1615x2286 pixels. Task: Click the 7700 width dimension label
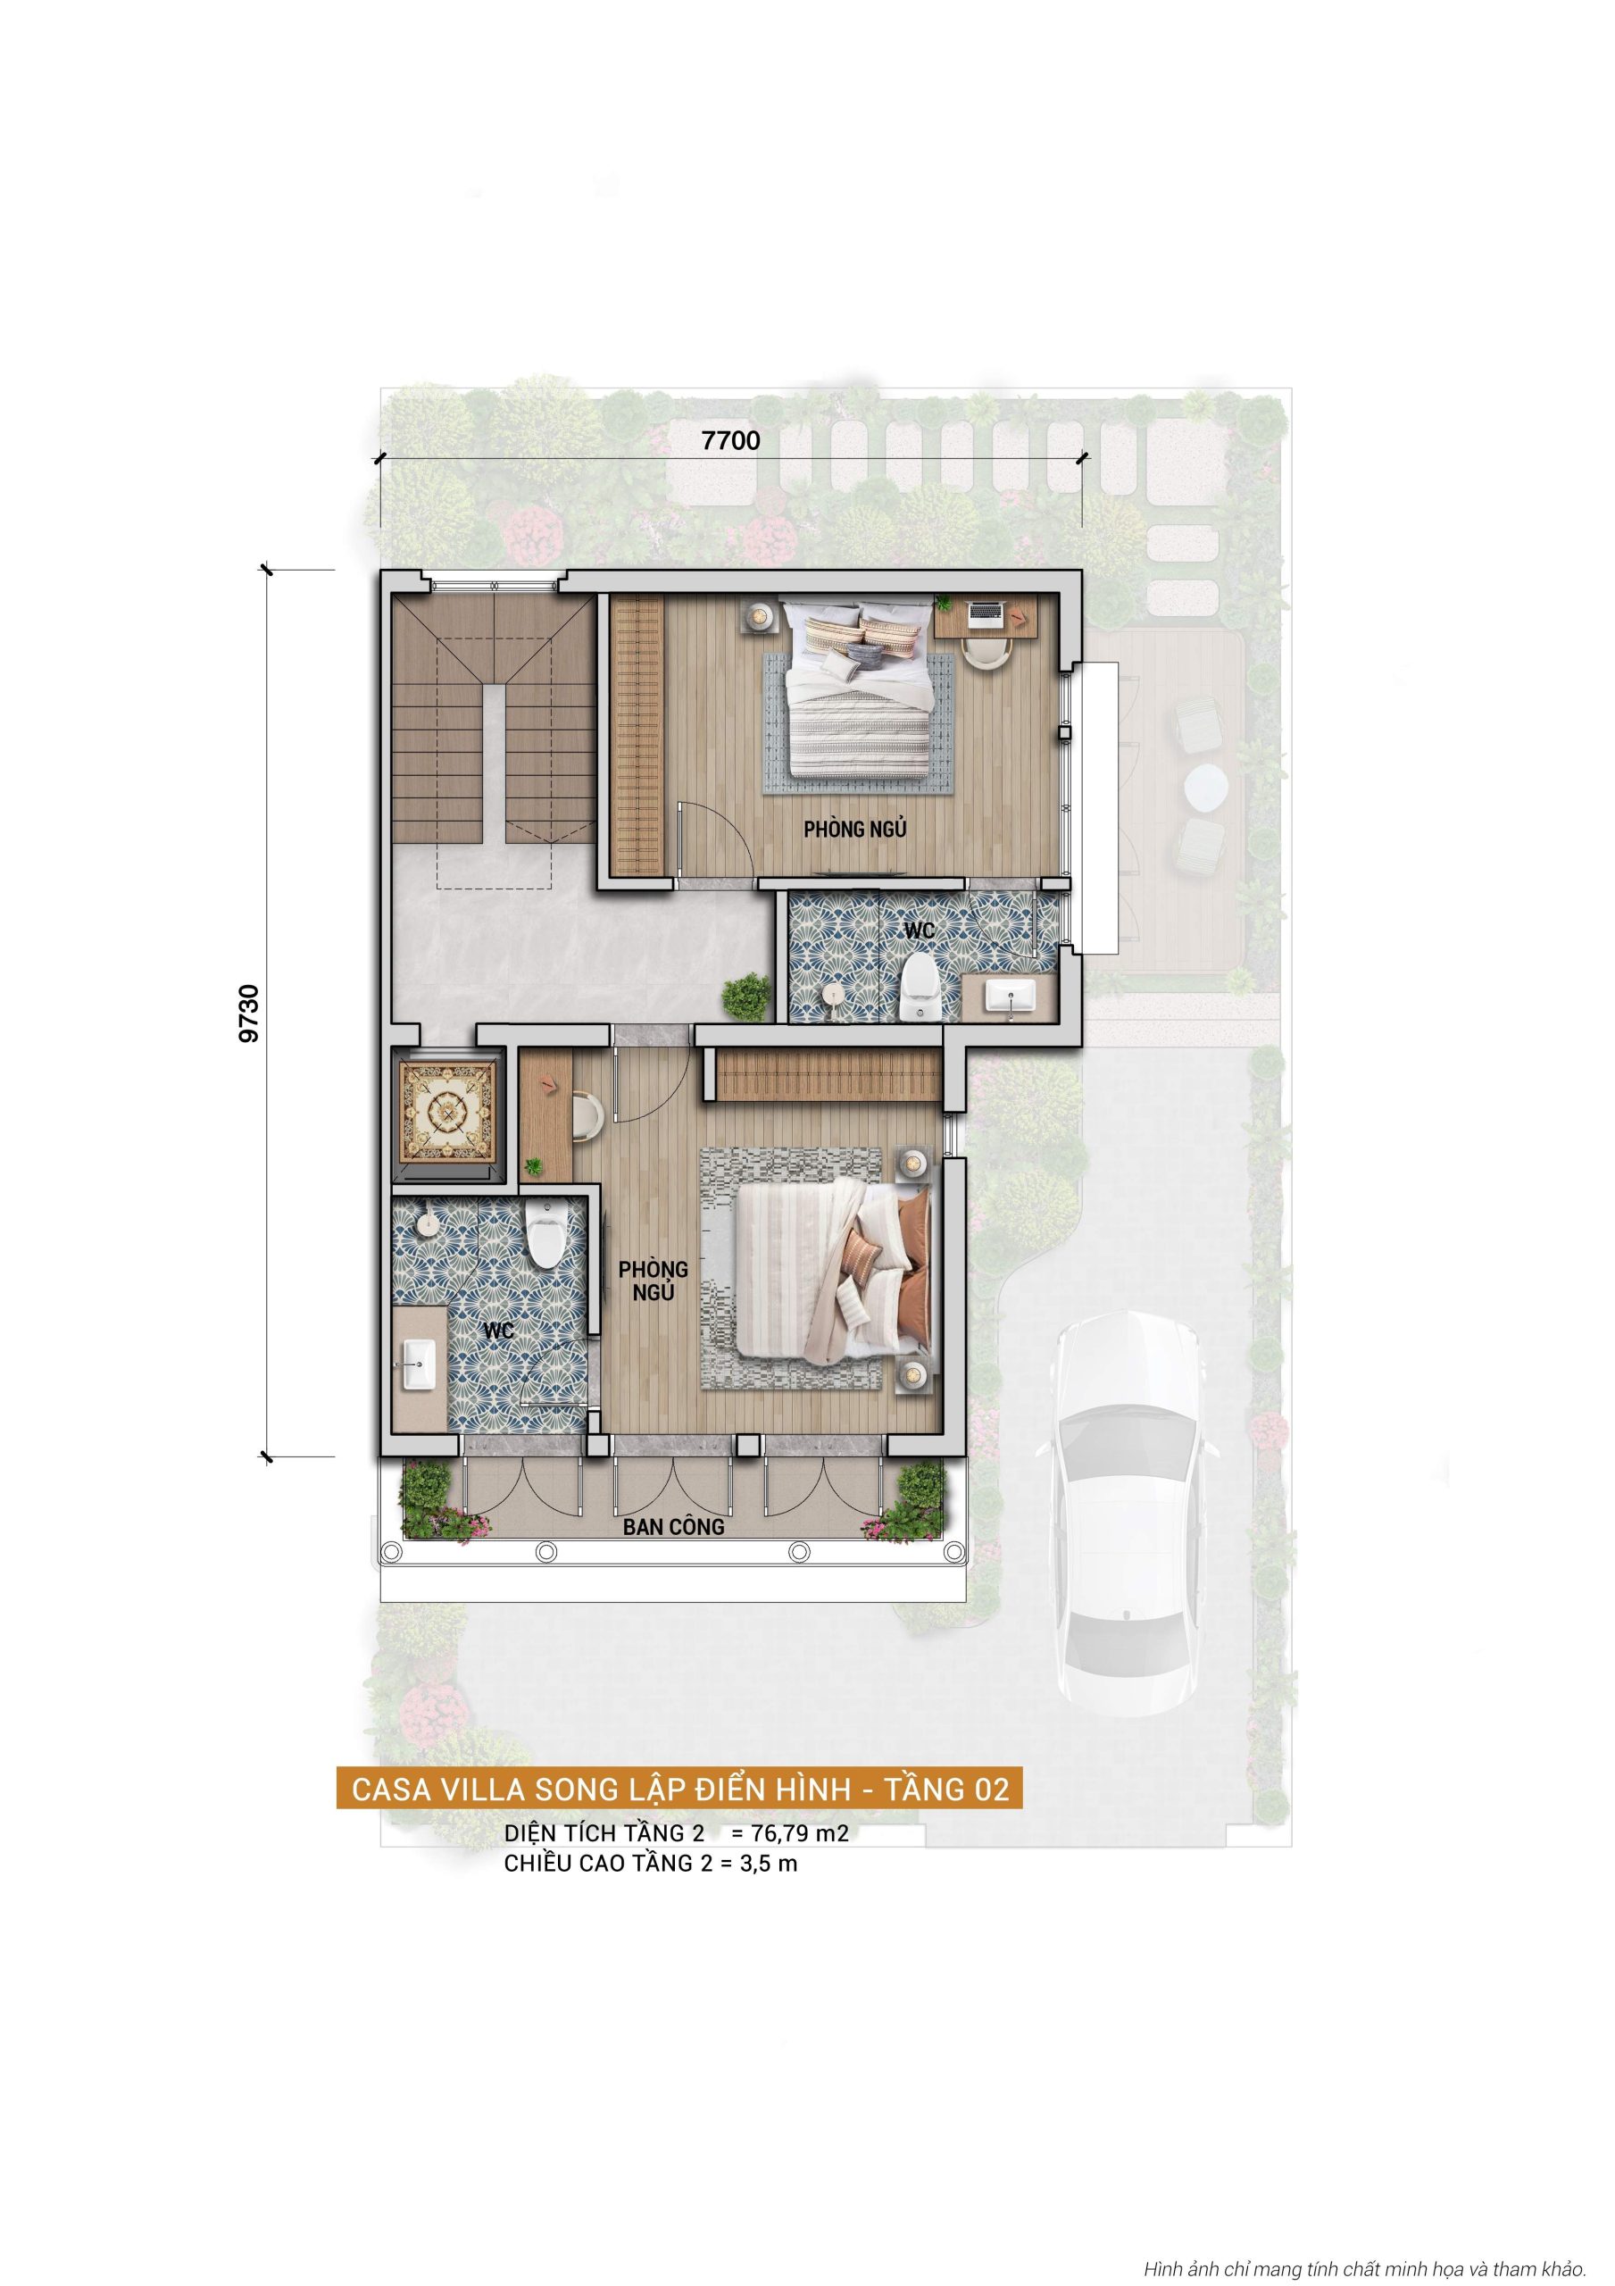coord(731,440)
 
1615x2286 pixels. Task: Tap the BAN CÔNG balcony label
coord(673,1526)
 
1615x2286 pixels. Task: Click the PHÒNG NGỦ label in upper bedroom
coord(854,829)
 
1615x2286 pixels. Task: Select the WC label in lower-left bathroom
coord(498,1331)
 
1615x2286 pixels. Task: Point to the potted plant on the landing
coord(745,997)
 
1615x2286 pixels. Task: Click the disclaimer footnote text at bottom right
coord(1363,2262)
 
